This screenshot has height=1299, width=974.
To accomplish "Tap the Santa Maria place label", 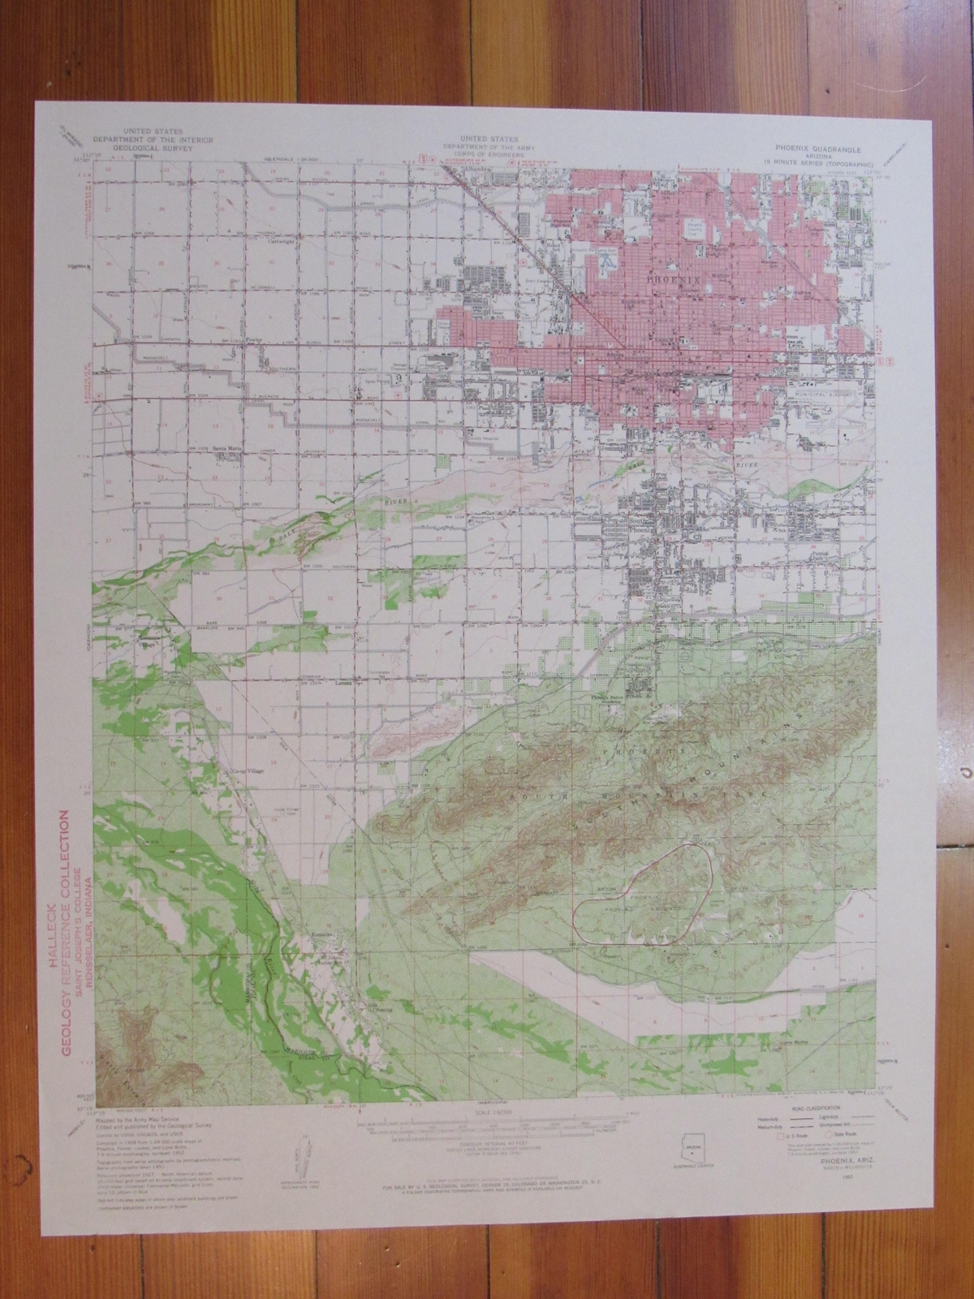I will click(227, 455).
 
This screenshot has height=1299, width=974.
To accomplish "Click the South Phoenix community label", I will click(641, 524).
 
